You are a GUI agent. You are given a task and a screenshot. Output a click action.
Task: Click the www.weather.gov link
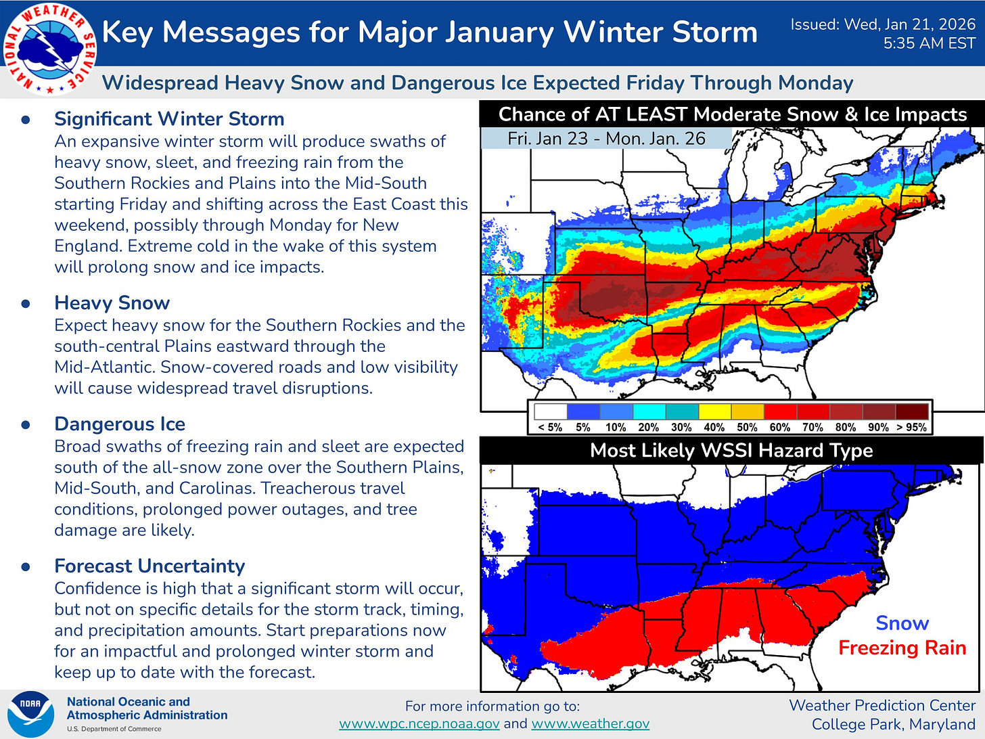click(590, 723)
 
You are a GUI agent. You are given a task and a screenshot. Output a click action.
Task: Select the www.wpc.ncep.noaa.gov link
click(419, 723)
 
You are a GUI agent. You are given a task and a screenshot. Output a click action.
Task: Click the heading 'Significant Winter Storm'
click(169, 119)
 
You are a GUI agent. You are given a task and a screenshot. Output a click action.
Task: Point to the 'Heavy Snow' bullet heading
click(112, 303)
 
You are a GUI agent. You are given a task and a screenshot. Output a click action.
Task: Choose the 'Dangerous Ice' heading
click(120, 424)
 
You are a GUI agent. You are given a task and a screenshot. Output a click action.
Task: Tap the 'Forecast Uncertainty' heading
click(150, 566)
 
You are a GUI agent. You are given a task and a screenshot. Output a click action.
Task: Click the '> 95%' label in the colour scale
click(911, 428)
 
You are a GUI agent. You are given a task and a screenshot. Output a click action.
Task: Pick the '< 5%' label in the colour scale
click(550, 428)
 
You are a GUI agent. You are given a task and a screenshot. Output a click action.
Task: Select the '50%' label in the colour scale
click(747, 428)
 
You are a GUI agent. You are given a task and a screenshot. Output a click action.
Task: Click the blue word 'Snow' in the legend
click(902, 623)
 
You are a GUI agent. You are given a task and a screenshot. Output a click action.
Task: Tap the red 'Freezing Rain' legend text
click(902, 648)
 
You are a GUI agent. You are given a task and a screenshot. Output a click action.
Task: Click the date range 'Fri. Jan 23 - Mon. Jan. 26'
click(606, 139)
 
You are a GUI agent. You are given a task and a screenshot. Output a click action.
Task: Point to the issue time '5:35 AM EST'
click(929, 44)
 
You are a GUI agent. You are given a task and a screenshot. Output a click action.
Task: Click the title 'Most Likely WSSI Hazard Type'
click(731, 451)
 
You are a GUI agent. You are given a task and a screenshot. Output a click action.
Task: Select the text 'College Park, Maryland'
click(893, 724)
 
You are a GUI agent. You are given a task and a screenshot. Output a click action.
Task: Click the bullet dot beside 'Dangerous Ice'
click(26, 425)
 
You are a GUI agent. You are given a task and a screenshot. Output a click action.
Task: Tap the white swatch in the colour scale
click(550, 411)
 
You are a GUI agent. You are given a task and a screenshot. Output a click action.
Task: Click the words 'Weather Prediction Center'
click(882, 705)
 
